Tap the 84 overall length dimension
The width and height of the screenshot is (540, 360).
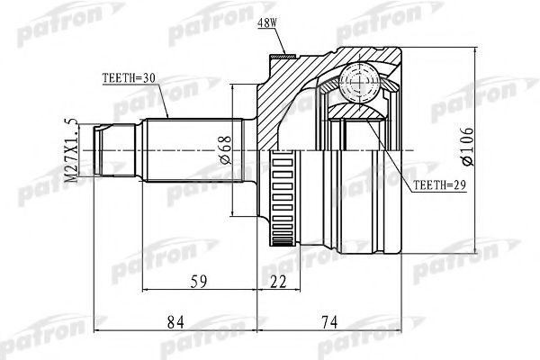pos(175,320)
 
